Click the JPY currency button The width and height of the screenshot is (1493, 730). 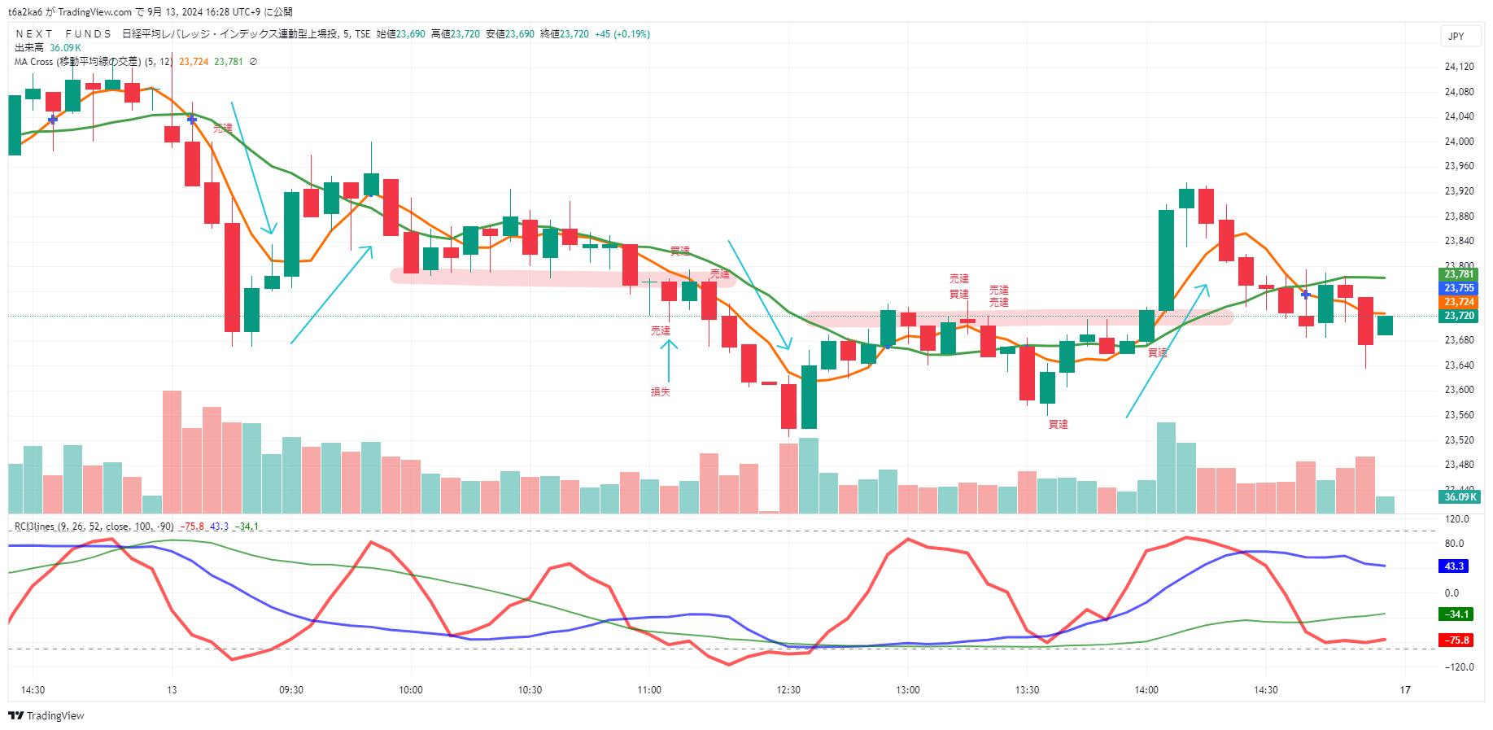[1456, 37]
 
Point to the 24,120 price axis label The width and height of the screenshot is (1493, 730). [1459, 67]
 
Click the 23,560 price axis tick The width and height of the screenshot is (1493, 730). [1459, 415]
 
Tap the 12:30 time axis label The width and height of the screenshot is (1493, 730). [788, 690]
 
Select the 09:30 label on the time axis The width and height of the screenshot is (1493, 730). [291, 690]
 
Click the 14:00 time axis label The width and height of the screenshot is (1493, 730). [1146, 690]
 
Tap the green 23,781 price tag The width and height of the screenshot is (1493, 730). [1459, 274]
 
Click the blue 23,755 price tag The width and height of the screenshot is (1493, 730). [1459, 288]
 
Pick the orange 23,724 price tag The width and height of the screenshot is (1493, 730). [1459, 302]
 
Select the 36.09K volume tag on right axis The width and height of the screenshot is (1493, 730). [1460, 497]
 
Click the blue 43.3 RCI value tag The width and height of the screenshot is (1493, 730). [1454, 566]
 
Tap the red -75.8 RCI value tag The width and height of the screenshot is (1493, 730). [1456, 640]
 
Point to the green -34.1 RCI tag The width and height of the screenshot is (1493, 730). [1456, 614]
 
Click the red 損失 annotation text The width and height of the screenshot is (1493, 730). [661, 392]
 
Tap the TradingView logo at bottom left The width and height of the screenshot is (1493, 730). [46, 716]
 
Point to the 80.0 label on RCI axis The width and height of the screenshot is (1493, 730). [1454, 544]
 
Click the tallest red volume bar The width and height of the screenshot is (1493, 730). [172, 452]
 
